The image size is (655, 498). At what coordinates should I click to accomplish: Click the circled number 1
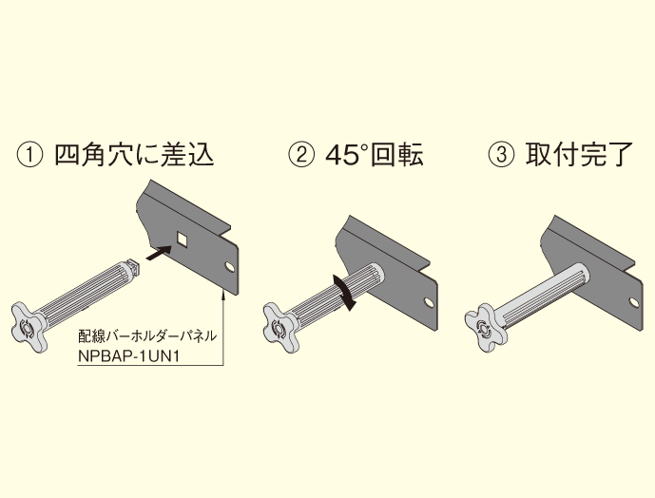(x=29, y=154)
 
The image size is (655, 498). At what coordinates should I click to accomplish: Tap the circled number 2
(x=300, y=154)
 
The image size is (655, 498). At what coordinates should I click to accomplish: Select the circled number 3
(x=501, y=154)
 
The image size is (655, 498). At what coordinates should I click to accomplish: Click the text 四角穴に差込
(x=134, y=154)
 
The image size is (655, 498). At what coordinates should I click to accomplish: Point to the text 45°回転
(x=375, y=154)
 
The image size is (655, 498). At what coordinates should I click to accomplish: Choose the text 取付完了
(x=579, y=154)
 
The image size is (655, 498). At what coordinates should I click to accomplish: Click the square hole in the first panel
(x=183, y=239)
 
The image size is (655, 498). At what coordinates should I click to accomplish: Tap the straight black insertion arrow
(x=159, y=253)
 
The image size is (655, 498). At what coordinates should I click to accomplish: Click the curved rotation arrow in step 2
(x=344, y=292)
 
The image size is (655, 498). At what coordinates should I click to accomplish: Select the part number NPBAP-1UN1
(x=129, y=356)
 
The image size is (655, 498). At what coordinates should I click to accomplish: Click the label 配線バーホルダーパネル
(x=147, y=335)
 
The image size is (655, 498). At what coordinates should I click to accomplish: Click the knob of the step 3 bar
(x=485, y=327)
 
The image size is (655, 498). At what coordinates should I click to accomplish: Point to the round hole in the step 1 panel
(x=230, y=266)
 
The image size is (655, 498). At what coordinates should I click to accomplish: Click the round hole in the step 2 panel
(x=428, y=301)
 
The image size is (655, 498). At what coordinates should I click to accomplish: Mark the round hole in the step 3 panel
(x=634, y=301)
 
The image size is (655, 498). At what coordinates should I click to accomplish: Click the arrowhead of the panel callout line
(x=223, y=293)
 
